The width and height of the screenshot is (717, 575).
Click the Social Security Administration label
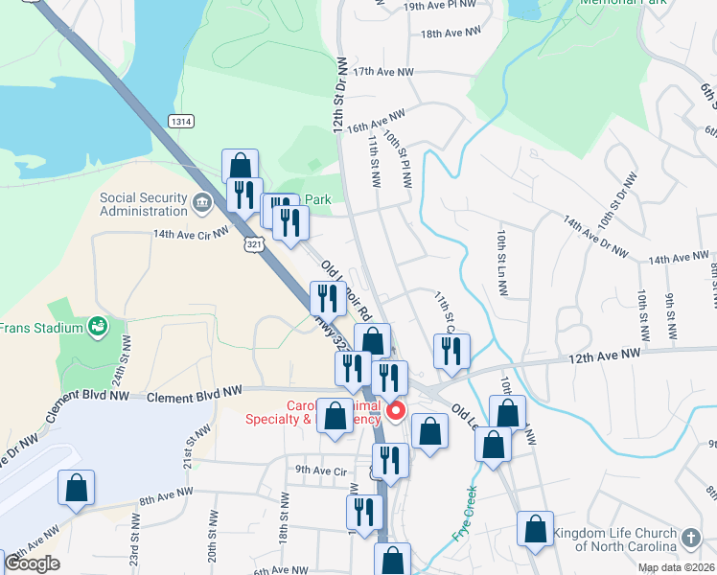coord(143,204)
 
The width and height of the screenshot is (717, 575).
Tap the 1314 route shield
coord(180,121)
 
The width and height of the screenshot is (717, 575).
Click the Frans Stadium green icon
coord(97,328)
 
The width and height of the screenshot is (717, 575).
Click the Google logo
coord(32,563)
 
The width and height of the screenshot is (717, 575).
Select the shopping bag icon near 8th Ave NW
coord(77,488)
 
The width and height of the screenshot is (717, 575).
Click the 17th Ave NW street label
coord(383,72)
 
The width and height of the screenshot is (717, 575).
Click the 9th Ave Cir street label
coord(320,470)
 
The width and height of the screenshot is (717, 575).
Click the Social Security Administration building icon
coord(202,202)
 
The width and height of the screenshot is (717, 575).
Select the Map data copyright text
coord(675,567)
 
